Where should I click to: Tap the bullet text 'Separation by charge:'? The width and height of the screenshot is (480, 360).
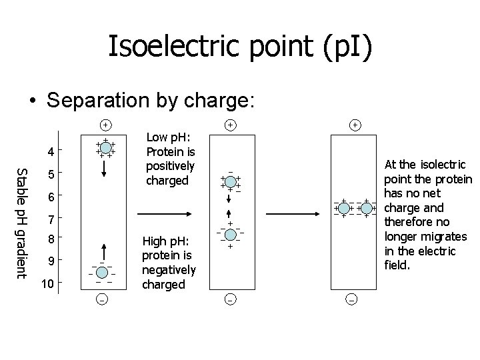click(x=149, y=101)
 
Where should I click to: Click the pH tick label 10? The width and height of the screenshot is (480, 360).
click(x=45, y=285)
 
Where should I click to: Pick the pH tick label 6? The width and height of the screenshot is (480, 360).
click(x=45, y=198)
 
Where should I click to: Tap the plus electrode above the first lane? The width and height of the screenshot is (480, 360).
click(x=105, y=125)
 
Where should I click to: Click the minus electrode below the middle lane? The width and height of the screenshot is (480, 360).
click(x=229, y=301)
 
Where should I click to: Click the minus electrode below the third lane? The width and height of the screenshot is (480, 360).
click(x=352, y=301)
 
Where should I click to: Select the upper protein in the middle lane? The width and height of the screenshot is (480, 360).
click(x=229, y=181)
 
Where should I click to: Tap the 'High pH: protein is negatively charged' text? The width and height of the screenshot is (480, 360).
click(x=169, y=262)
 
